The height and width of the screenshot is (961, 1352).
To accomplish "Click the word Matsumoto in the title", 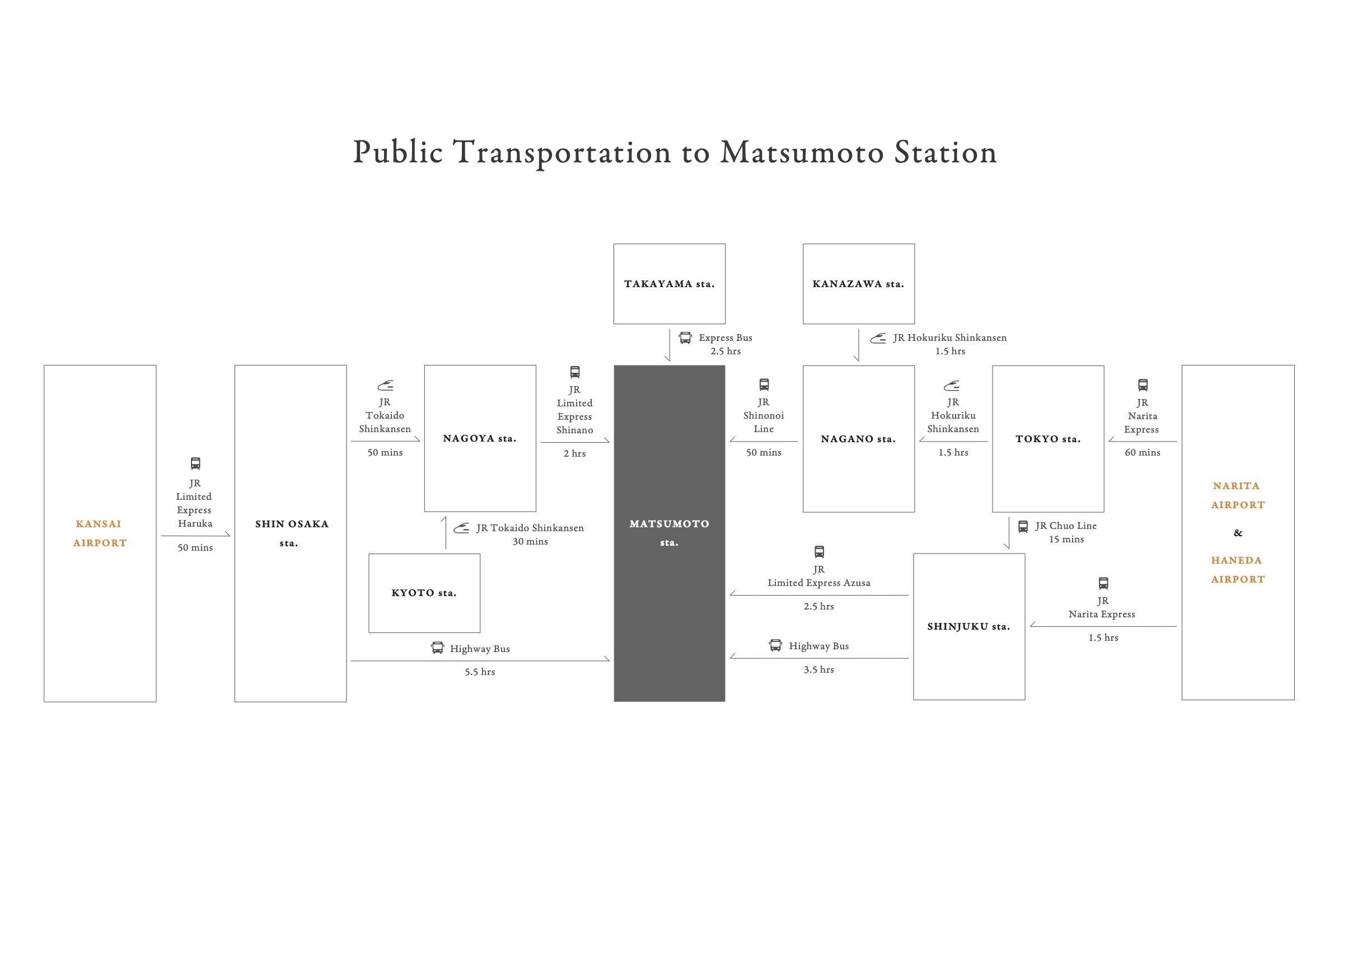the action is coord(802,152).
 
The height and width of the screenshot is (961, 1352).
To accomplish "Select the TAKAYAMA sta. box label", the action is coord(669,284).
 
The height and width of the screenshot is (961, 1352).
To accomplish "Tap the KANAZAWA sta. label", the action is coord(858,284).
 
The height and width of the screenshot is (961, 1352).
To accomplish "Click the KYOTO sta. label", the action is coord(424,593).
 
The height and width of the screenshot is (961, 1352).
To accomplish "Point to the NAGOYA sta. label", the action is coord(479,438).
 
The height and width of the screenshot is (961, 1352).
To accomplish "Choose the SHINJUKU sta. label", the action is coord(969,627).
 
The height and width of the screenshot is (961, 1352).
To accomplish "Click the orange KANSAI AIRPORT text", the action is coord(100,533).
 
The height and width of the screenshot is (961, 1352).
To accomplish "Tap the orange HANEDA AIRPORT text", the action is coord(1238,570).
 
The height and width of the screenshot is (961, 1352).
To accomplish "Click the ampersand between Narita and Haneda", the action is coord(1238,533).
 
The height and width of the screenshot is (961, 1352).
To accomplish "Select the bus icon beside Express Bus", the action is coord(685,338).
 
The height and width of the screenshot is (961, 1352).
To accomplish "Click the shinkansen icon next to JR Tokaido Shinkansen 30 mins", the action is coord(461,528).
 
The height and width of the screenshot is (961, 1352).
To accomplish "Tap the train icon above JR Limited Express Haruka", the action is coord(195,463).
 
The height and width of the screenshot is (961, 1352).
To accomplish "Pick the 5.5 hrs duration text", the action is coord(479,672).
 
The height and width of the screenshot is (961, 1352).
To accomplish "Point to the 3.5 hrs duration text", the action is coord(818,670).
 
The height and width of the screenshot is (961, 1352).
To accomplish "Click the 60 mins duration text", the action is coord(1143,453).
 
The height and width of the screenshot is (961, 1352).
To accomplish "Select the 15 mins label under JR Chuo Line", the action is coord(1066,540).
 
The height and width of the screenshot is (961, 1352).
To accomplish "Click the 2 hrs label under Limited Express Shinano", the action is coord(574,454).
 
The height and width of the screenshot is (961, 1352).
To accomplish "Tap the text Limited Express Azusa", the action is coord(818,583).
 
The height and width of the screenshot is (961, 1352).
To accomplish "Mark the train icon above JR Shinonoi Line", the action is coord(764,385).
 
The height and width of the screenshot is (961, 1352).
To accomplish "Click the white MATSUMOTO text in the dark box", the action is coord(669,524).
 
